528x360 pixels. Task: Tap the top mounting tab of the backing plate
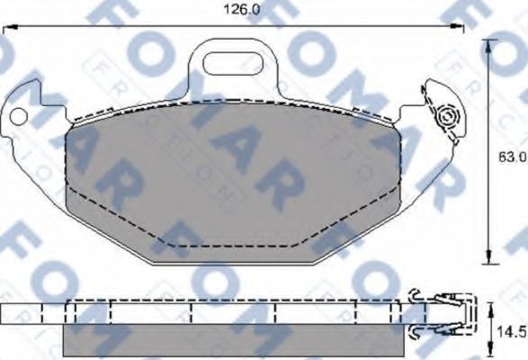pyautogui.click(x=233, y=67)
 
